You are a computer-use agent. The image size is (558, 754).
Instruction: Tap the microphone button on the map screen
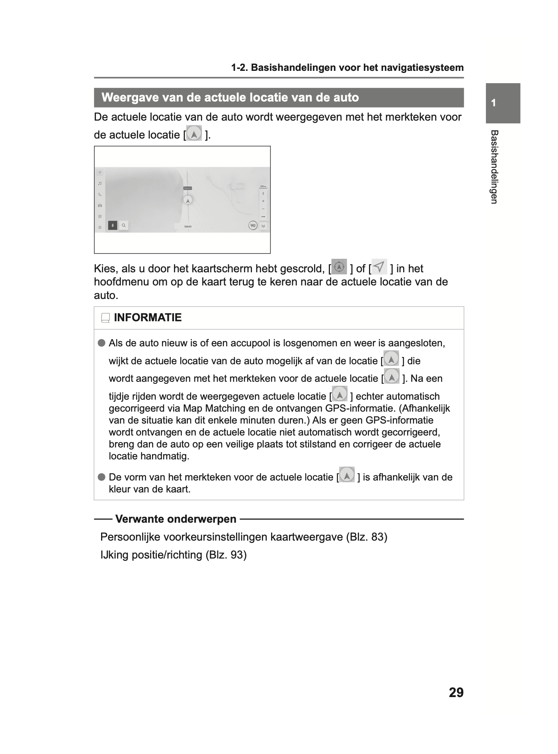[113, 225]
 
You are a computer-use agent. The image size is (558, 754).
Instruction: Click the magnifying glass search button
[124, 225]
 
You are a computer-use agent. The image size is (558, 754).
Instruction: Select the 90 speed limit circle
[253, 225]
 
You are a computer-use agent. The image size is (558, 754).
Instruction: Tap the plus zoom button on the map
[263, 201]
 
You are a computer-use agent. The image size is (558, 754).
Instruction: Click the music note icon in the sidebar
[100, 184]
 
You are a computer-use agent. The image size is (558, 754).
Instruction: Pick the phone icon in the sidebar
[100, 195]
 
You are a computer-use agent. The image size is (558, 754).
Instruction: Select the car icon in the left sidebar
[100, 205]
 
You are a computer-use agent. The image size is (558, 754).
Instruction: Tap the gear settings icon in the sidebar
[100, 227]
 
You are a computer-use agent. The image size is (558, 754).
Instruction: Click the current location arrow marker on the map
[187, 200]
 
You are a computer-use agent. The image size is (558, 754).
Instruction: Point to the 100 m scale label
[263, 186]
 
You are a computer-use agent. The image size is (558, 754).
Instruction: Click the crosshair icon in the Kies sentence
[339, 267]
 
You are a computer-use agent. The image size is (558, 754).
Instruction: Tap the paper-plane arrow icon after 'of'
[379, 266]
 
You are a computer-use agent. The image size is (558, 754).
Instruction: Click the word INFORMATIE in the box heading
[148, 317]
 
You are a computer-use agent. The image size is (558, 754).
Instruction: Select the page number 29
[456, 692]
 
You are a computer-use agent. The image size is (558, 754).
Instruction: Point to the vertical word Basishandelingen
[494, 167]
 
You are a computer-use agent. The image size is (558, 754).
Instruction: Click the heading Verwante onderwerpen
[176, 519]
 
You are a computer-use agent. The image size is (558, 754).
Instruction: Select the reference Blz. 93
[226, 555]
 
